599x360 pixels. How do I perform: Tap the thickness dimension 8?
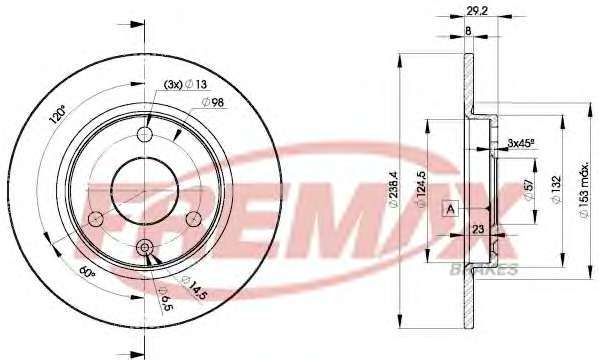click(x=469, y=31)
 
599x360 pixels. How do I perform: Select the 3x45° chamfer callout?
click(x=521, y=143)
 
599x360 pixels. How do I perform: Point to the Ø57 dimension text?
click(x=529, y=190)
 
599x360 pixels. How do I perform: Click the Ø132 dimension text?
click(x=556, y=189)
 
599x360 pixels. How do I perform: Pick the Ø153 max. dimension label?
click(x=584, y=190)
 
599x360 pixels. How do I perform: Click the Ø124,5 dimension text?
click(x=421, y=190)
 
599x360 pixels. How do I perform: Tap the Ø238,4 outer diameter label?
click(x=393, y=190)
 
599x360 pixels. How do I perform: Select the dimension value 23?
click(x=478, y=229)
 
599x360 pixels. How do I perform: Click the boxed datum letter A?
click(x=450, y=209)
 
